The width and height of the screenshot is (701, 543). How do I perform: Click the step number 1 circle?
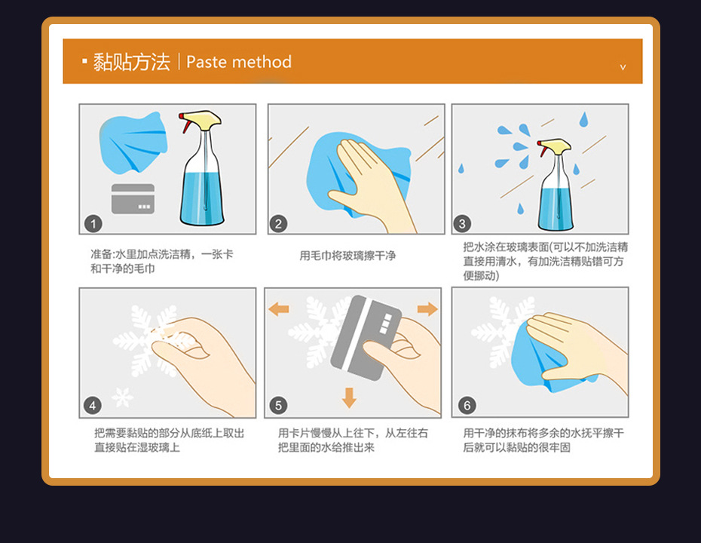point(93,224)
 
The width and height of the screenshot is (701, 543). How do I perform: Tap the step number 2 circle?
point(278,224)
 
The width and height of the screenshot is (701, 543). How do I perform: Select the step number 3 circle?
point(462,224)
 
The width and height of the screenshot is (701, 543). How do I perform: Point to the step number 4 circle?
point(93,406)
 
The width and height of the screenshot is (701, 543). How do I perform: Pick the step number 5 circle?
point(278,406)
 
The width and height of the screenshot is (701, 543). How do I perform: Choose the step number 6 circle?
point(467,406)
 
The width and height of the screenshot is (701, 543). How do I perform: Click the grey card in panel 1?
point(133,198)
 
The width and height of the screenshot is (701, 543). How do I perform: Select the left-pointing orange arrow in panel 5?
point(279,308)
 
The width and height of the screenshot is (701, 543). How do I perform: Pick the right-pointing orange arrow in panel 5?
point(427,308)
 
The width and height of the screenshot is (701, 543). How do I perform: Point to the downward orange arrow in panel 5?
point(349,397)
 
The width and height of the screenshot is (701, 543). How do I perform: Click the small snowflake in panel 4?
point(122,397)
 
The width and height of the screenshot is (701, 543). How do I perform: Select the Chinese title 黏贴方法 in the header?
point(131,62)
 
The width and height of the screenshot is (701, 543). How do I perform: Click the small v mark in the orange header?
point(623,67)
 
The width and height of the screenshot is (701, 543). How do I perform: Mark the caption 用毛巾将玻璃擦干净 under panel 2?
point(347,256)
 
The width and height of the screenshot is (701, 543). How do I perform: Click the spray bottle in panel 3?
point(555,184)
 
